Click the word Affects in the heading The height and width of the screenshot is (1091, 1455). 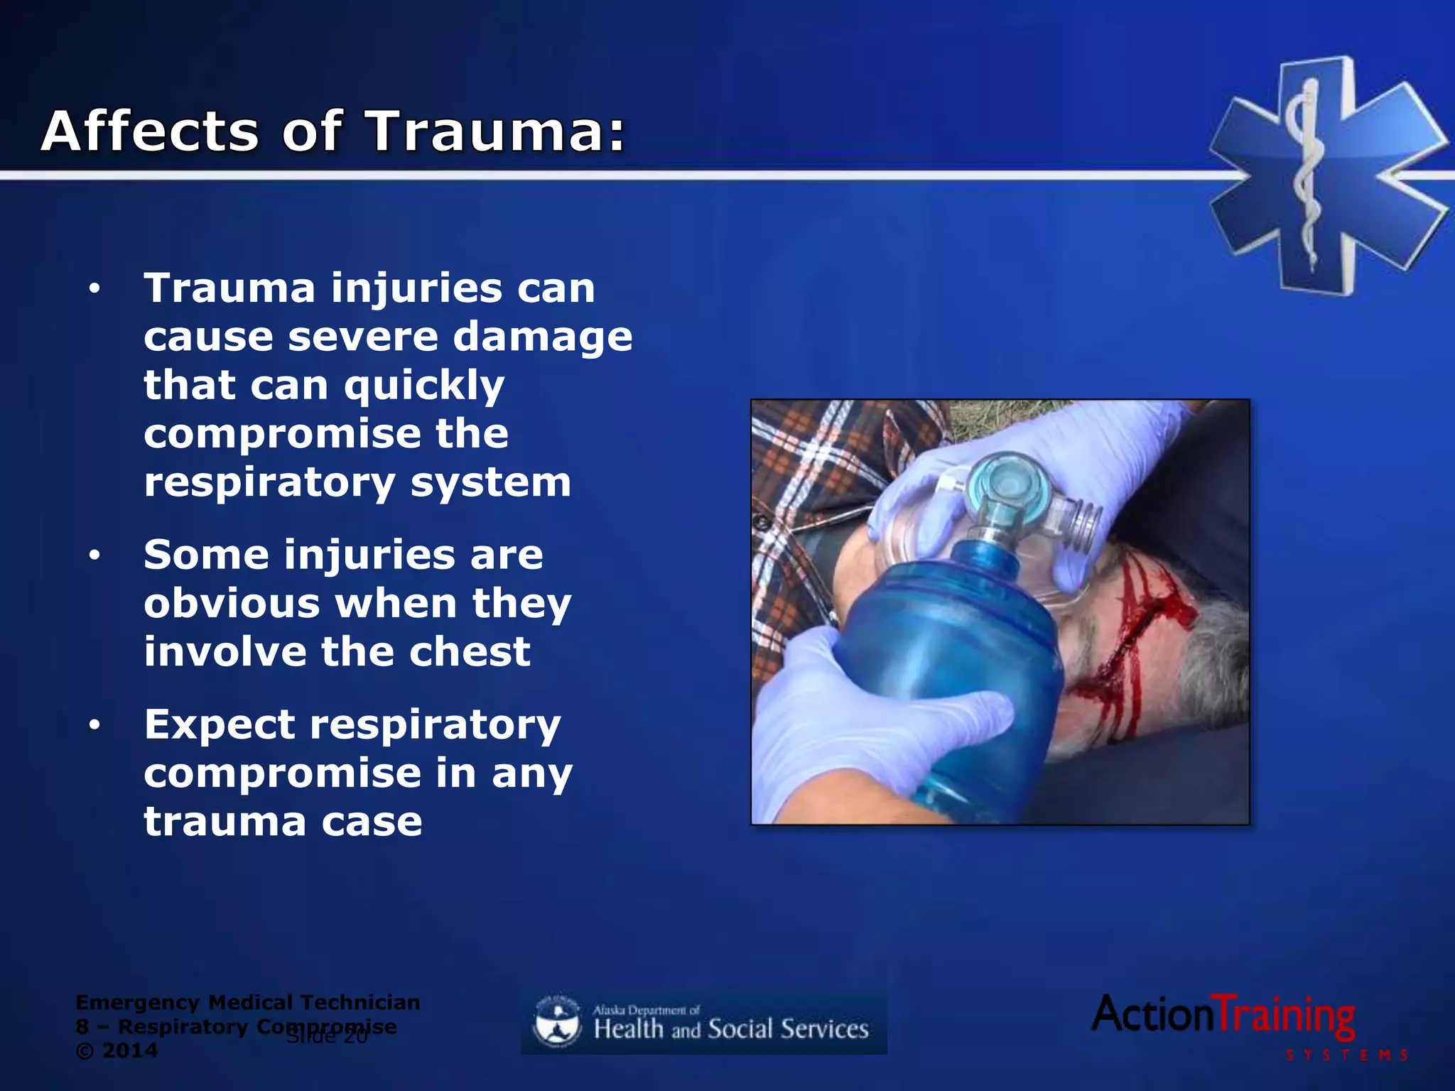tap(150, 132)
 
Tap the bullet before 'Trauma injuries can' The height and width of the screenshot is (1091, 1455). tap(94, 290)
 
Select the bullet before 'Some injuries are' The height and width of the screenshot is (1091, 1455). tap(94, 556)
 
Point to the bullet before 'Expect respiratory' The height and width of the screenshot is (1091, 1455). tap(94, 726)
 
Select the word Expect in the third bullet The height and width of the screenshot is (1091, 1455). tap(219, 726)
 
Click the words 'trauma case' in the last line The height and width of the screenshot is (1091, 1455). tap(283, 823)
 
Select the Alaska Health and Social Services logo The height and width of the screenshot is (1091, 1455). tap(703, 1023)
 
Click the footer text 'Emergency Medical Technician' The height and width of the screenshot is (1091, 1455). tap(247, 1003)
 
